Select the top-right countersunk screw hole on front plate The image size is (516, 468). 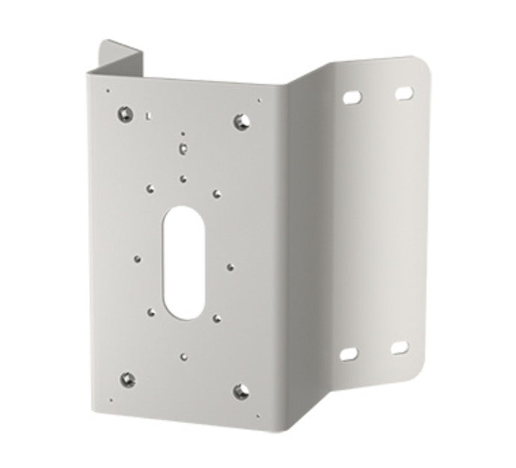click(x=241, y=119)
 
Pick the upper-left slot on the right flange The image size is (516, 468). click(x=351, y=98)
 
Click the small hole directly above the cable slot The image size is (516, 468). click(x=183, y=178)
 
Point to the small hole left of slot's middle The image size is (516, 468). click(x=138, y=258)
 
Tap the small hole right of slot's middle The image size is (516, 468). click(x=230, y=265)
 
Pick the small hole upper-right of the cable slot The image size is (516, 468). click(x=215, y=193)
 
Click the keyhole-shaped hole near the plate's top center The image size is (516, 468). click(x=182, y=147)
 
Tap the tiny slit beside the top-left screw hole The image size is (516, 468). click(x=149, y=116)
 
